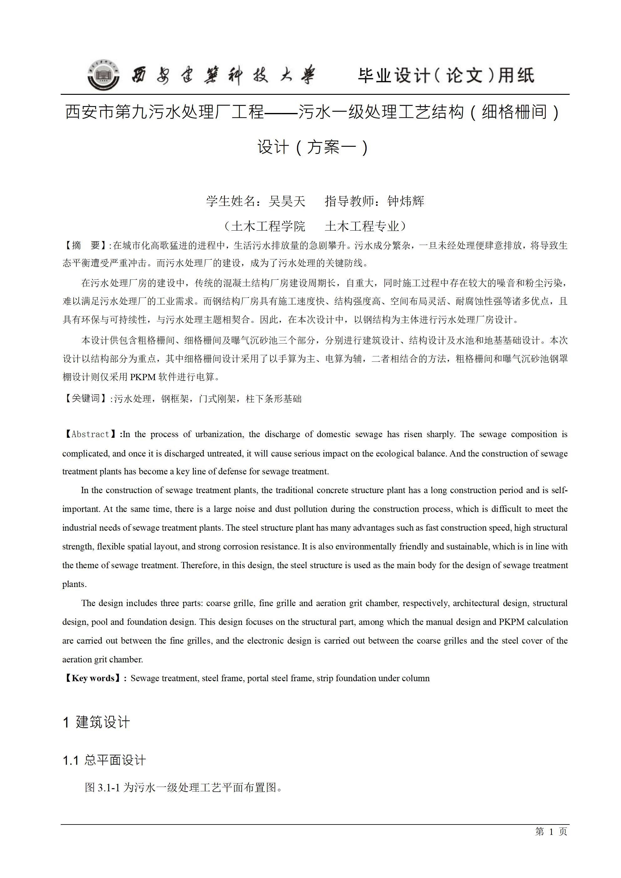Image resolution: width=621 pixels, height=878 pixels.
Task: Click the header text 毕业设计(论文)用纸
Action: pos(446,75)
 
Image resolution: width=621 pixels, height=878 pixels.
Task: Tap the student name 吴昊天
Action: pos(287,201)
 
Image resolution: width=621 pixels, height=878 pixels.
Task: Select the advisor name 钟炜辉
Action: pos(406,201)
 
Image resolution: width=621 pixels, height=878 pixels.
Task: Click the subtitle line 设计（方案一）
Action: pos(312,147)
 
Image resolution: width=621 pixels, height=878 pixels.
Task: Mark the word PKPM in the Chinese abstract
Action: pos(143,377)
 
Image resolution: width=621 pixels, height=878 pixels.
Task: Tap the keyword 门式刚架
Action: pos(217,399)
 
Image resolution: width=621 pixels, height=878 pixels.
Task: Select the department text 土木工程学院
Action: pos(268,226)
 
